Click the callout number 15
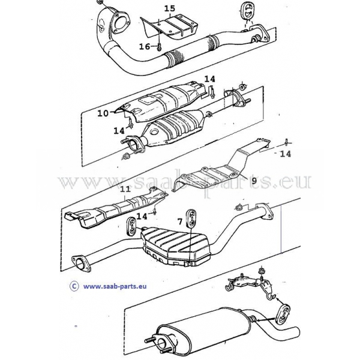(170, 8)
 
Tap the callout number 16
(145, 47)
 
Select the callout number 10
(103, 113)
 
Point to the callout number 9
(254, 181)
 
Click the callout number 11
(125, 189)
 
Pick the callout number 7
(180, 221)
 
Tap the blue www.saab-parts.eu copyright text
(115, 286)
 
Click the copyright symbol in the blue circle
(74, 286)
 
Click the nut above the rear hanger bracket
(261, 271)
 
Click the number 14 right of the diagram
(286, 154)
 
